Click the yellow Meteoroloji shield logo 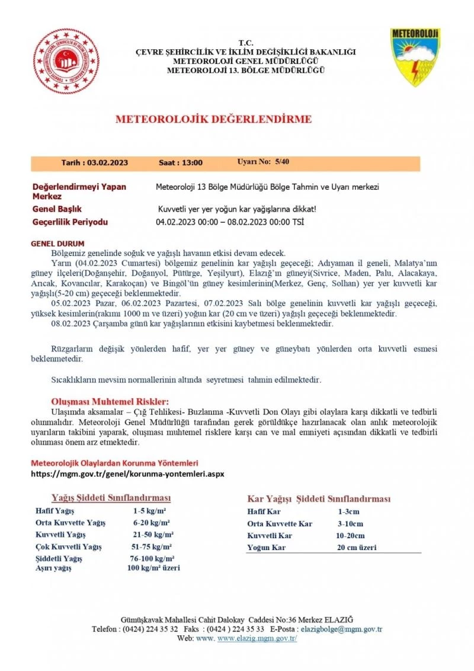(x=415, y=57)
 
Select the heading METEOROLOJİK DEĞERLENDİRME (x=213, y=119)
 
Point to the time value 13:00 (x=191, y=162)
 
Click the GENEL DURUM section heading (x=57, y=244)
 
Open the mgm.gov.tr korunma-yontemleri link (x=127, y=474)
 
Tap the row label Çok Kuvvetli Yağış (x=69, y=547)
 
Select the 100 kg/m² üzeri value (x=153, y=568)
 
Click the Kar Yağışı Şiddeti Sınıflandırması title (x=318, y=499)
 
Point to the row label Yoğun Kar (x=266, y=548)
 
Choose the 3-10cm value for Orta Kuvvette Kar (x=351, y=523)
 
